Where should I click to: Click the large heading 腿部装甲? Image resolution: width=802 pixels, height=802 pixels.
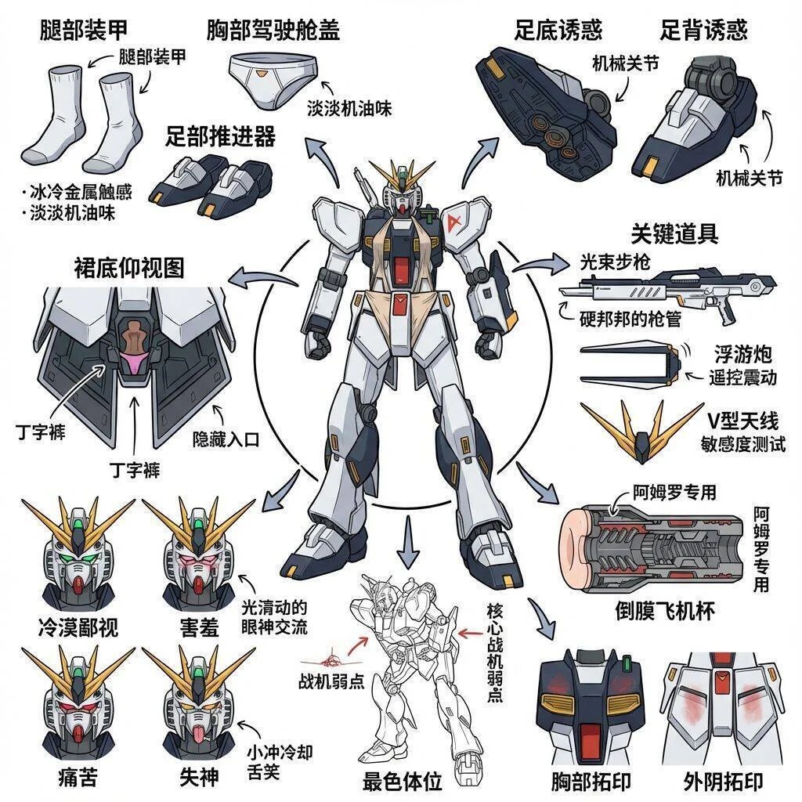pos(83,30)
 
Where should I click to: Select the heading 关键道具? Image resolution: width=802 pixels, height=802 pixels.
pos(674,233)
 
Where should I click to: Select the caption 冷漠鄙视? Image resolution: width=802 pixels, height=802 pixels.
pos(78,627)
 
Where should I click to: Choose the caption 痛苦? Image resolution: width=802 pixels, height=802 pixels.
pos(78,779)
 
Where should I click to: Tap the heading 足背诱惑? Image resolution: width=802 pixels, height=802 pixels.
pos(703,30)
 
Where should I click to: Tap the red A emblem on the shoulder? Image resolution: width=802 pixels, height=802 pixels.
pos(452,222)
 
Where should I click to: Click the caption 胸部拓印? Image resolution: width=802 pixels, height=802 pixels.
pos(591,780)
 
